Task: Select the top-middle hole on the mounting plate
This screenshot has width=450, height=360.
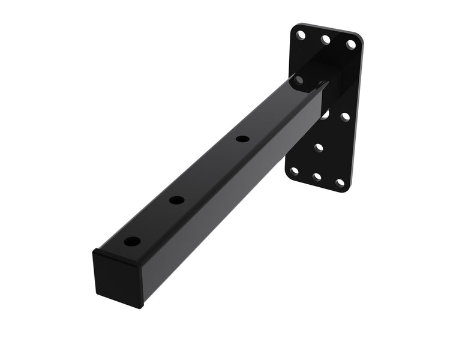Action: pos(326,40)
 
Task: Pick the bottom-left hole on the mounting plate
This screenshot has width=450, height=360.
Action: pos(294,171)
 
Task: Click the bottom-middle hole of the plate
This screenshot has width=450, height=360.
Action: pos(317,177)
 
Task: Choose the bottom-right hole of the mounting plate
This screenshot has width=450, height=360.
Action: pos(340,182)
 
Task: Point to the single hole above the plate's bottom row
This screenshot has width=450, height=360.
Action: pos(319,147)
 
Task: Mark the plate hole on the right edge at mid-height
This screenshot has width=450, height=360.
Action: pos(345,117)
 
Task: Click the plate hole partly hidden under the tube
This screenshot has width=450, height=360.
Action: pos(324,114)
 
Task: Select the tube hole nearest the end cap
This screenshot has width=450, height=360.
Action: pos(132,242)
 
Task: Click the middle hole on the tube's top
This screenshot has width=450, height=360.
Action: pos(176,200)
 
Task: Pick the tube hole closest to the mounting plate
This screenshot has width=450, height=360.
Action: pos(242,139)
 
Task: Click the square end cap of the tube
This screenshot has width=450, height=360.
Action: pos(118,279)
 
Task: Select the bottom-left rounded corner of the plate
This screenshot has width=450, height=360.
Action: pos(287,175)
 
